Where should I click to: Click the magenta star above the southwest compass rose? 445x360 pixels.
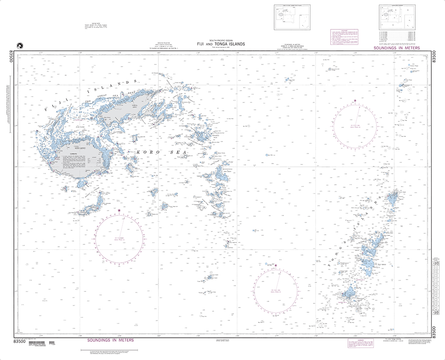point(119,210)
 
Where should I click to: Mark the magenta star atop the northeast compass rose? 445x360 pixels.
point(355,101)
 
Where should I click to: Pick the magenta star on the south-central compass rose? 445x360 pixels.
point(275,266)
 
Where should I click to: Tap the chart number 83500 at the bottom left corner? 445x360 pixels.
point(20,341)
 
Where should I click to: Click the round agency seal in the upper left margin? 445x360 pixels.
point(19,45)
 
